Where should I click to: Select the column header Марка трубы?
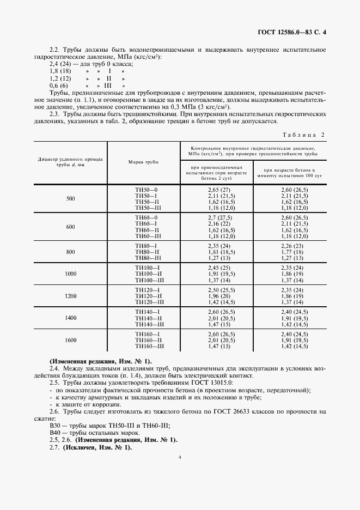(143, 162)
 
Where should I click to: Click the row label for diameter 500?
(71, 198)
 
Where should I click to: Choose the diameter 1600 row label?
(71, 340)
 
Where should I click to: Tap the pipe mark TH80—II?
(147, 252)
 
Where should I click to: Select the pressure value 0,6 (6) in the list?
(58, 86)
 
